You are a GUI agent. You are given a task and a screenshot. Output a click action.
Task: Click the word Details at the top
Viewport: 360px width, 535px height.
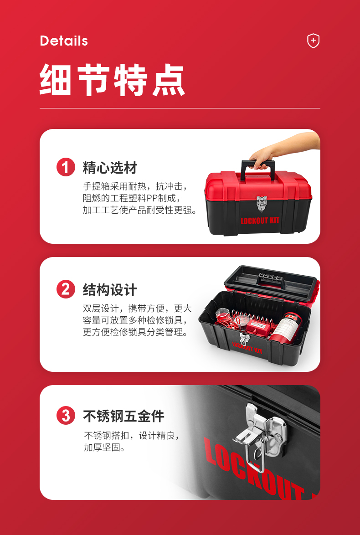pyautogui.click(x=64, y=41)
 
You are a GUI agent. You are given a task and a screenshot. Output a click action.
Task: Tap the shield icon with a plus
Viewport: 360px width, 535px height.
pyautogui.click(x=313, y=41)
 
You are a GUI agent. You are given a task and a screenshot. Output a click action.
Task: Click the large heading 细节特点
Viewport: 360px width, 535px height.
pyautogui.click(x=112, y=80)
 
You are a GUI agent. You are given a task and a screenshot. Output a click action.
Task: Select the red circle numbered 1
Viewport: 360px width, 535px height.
pyautogui.click(x=66, y=168)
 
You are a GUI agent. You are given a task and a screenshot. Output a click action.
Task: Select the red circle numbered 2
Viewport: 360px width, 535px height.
pyautogui.click(x=66, y=289)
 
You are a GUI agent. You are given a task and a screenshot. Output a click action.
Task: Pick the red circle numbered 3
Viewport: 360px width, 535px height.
pyautogui.click(x=66, y=416)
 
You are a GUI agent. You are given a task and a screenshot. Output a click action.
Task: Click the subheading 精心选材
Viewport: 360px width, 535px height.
pyautogui.click(x=110, y=168)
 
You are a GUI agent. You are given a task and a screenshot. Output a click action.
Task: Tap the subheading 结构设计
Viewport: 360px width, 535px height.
pyautogui.click(x=110, y=290)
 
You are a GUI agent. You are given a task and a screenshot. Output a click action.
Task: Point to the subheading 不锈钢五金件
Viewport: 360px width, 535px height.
pyautogui.click(x=123, y=416)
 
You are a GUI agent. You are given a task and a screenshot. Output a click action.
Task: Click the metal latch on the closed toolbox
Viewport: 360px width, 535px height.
pyautogui.click(x=262, y=203)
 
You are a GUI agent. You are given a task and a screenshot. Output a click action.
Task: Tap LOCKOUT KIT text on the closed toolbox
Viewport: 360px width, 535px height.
pyautogui.click(x=260, y=221)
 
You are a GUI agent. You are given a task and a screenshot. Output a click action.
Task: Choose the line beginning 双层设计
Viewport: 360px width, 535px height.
pyautogui.click(x=137, y=309)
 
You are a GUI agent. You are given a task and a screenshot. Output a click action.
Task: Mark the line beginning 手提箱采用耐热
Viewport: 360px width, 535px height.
pyautogui.click(x=135, y=186)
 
